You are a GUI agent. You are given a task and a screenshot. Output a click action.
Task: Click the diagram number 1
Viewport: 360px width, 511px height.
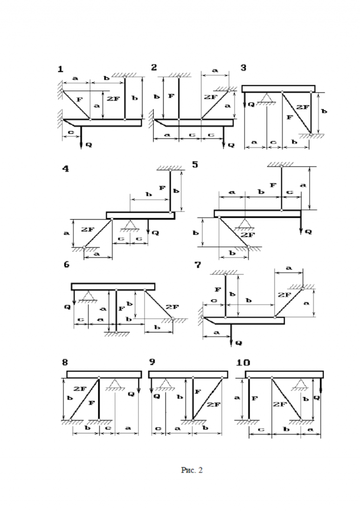[x=61, y=69]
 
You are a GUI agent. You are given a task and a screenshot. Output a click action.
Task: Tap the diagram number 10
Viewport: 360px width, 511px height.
[x=243, y=362]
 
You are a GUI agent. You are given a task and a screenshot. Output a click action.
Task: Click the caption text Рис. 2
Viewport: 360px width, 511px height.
[x=192, y=470]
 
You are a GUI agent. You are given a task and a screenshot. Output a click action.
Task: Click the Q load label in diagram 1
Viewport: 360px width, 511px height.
[x=89, y=145]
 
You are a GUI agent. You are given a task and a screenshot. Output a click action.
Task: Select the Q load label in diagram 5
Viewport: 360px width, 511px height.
[x=308, y=231]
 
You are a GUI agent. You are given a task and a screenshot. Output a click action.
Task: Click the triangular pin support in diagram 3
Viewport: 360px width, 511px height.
[x=267, y=98]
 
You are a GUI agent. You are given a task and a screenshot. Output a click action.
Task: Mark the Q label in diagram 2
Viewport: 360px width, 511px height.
[x=231, y=145]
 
